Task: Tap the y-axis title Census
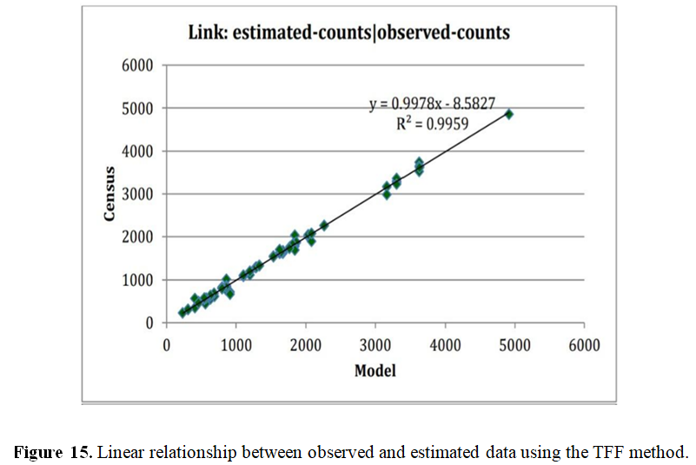click(110, 193)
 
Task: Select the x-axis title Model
click(375, 370)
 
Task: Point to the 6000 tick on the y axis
click(136, 65)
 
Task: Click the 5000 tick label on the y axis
click(136, 108)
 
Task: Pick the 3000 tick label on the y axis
click(136, 194)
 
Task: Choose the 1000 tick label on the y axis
click(136, 280)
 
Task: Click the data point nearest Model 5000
click(509, 114)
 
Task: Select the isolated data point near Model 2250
click(324, 225)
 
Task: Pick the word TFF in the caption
click(616, 453)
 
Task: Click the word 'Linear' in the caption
click(119, 453)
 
